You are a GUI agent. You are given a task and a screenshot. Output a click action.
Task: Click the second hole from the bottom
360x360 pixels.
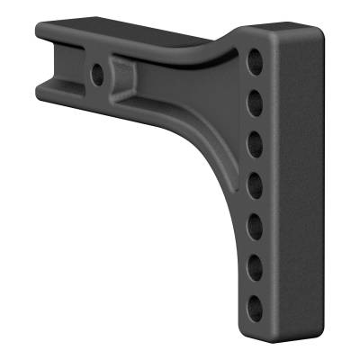(x=256, y=263)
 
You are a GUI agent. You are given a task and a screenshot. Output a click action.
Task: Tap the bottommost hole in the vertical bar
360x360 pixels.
(x=256, y=303)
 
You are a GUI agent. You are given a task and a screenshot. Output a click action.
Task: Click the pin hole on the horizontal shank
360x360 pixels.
(x=94, y=70)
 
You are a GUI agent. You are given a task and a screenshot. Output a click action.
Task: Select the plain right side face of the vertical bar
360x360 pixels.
(x=297, y=180)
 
